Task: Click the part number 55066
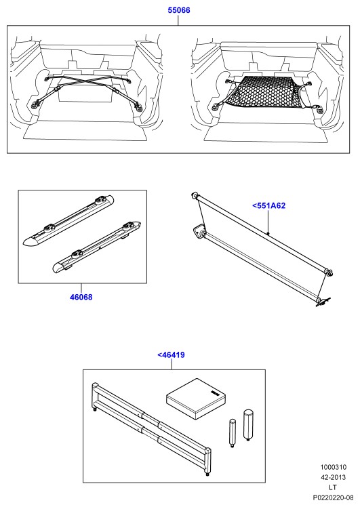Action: pyautogui.click(x=178, y=10)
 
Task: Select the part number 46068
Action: pyautogui.click(x=81, y=297)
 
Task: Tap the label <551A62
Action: pyautogui.click(x=268, y=205)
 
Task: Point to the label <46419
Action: pyautogui.click(x=171, y=354)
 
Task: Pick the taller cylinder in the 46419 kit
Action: pyautogui.click(x=248, y=425)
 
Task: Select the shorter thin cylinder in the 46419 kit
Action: pyautogui.click(x=233, y=433)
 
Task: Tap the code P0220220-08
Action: pyautogui.click(x=333, y=498)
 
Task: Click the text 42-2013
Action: pyautogui.click(x=333, y=477)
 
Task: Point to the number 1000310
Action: pyautogui.click(x=333, y=467)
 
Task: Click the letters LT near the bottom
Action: pyautogui.click(x=333, y=487)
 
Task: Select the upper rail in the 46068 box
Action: pyautogui.click(x=68, y=220)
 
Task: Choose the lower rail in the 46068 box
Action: pyautogui.click(x=96, y=247)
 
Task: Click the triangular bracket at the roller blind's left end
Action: pyautogui.click(x=199, y=232)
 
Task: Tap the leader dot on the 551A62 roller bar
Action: pyautogui.click(x=268, y=233)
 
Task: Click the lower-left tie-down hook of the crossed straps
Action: pyautogui.click(x=35, y=104)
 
